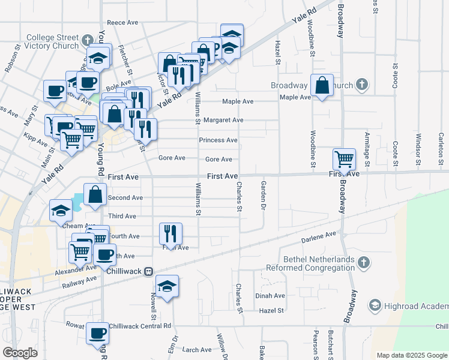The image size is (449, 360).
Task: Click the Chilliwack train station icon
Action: coord(148,271)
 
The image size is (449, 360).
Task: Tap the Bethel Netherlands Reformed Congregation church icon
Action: coord(363,262)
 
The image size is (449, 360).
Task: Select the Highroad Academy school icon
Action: coord(375,305)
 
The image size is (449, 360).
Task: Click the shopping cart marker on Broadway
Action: coord(344,159)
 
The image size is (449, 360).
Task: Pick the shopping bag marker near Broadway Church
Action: coord(322,85)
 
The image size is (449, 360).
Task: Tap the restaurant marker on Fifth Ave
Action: coord(170,233)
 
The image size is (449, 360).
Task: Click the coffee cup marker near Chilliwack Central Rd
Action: coord(97,333)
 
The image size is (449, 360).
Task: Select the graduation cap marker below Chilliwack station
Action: coord(167,286)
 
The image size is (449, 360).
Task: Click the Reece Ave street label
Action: coord(122,22)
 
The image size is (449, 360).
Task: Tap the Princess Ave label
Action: coord(218,140)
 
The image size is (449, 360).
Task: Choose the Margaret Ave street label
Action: coord(223,120)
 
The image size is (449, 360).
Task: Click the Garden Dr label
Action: coord(262,195)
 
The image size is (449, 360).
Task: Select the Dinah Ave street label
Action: coord(270,296)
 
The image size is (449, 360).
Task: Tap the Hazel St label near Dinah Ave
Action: coord(271,310)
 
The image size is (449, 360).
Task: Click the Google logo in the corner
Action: coord(20,353)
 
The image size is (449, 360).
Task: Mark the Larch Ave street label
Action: coord(197,350)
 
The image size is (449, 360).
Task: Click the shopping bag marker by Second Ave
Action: coord(95,194)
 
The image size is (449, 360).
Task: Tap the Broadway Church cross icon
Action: coord(362,85)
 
